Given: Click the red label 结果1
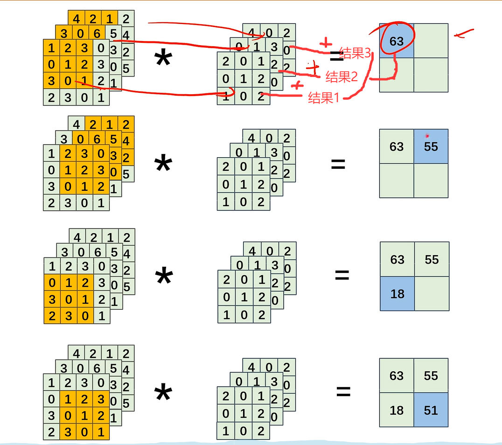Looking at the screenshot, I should point(324,98).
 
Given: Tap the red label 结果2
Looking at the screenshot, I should point(342,76).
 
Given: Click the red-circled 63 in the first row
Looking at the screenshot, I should point(397,41).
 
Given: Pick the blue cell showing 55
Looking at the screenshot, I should point(431,146).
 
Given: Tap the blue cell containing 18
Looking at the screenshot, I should point(397,294).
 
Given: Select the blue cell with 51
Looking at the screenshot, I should point(431,410).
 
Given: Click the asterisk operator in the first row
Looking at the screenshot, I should point(163,59).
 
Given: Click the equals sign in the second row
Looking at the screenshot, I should point(338,164).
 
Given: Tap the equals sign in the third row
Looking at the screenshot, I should point(342,275).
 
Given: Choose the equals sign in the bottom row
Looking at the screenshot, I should point(343,391).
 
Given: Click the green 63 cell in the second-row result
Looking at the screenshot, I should point(397,146).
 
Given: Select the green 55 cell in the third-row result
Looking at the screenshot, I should point(432,259).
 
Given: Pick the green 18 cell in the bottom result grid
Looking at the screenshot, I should point(397,410).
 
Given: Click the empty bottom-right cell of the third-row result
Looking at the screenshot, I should point(432,294).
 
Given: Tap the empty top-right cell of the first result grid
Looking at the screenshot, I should point(431,41).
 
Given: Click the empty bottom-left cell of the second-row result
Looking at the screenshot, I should point(397,181).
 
